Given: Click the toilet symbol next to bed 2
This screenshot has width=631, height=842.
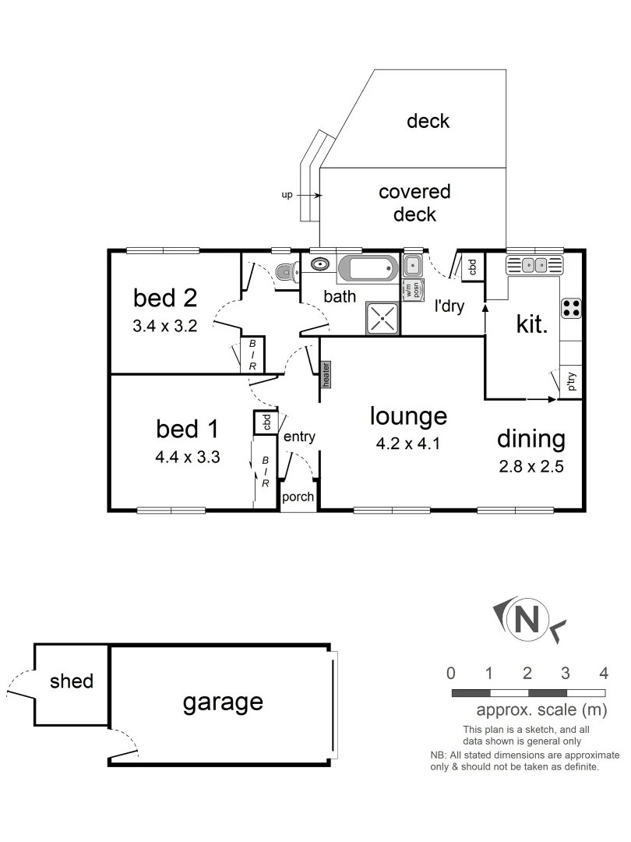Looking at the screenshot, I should pos(285,272).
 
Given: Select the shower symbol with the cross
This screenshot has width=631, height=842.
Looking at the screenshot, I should pos(382,318).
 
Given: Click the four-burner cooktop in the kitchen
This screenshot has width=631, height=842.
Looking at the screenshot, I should pos(570,308).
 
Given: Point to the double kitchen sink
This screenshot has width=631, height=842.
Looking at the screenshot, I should pos(534,265).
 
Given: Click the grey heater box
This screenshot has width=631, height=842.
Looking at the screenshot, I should pos(326,373).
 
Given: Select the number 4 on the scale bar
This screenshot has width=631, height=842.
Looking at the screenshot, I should pos(604,674).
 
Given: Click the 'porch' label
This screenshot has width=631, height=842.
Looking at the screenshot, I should pos(298,497).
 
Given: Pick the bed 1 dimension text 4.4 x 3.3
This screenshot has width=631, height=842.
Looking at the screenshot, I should pos(188,458).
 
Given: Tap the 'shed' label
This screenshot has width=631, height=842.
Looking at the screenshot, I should pos(72,681).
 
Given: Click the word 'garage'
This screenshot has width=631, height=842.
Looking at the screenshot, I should pos(223,702).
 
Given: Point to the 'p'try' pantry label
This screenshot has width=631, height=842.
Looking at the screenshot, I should pos(571,381).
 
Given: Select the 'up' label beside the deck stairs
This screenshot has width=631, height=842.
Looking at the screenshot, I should pos(287,195).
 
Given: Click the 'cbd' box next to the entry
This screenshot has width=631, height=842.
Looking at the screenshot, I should pos(266,422).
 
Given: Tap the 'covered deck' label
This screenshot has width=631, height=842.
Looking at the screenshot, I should pos(414,202).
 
